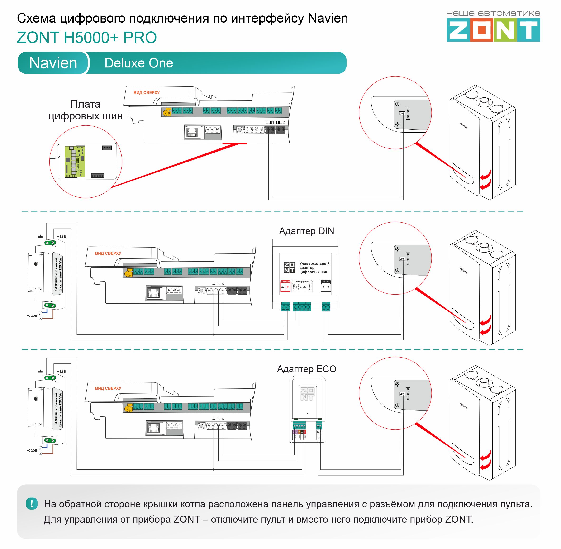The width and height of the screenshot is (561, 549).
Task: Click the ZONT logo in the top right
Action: pyautogui.click(x=493, y=30)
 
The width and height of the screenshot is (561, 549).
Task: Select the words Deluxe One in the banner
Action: pyautogui.click(x=139, y=63)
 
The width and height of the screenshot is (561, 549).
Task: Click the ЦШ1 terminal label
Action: pyautogui.click(x=270, y=123)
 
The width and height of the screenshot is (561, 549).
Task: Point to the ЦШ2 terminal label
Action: pyautogui.click(x=280, y=123)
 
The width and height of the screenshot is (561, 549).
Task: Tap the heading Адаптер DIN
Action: pyautogui.click(x=306, y=231)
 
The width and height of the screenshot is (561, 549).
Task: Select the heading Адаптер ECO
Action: pyautogui.click(x=306, y=369)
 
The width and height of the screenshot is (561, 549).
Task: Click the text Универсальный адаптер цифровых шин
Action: pyautogui.click(x=314, y=267)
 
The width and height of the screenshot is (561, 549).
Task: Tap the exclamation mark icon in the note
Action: pyautogui.click(x=32, y=504)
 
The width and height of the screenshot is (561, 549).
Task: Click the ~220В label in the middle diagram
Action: pyautogui.click(x=32, y=316)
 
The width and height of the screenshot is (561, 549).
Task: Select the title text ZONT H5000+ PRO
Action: pyautogui.click(x=87, y=38)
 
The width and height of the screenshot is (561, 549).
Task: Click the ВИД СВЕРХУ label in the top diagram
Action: pyautogui.click(x=147, y=93)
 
